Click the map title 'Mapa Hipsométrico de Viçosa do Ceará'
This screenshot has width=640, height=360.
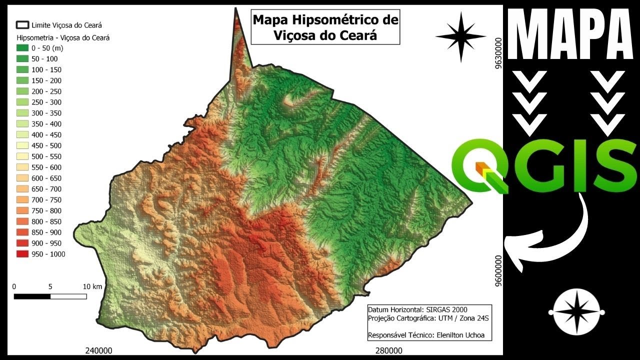tap(325, 27)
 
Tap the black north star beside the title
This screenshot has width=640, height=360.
tap(460, 36)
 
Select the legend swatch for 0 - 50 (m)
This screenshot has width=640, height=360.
tap(22, 48)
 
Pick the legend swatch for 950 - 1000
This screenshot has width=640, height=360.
tap(22, 254)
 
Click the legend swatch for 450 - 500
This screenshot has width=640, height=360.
tap(22, 145)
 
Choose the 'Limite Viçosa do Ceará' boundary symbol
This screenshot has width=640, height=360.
tap(22, 24)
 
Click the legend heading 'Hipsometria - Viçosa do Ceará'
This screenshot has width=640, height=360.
tap(63, 37)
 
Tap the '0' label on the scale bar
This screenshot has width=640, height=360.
tap(14, 286)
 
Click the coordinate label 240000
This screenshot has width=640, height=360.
tap(98, 351)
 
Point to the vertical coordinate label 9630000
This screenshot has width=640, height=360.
tap(498, 52)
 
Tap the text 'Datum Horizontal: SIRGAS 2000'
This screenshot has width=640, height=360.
tap(418, 309)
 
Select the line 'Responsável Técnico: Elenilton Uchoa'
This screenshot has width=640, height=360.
tap(426, 335)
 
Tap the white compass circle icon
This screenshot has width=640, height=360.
tap(576, 312)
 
